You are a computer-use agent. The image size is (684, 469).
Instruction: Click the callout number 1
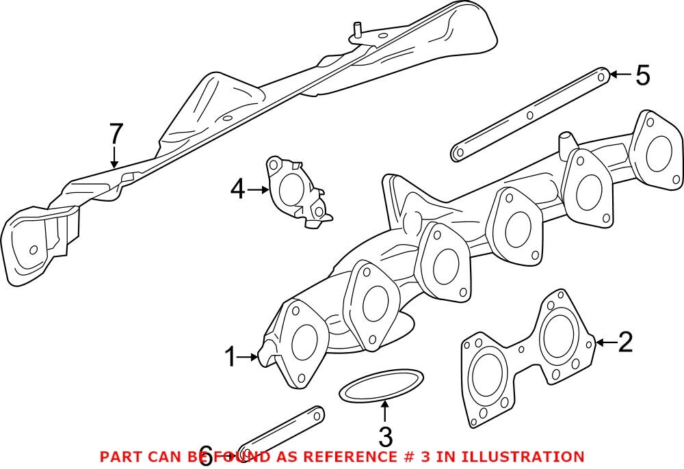coord(232,356)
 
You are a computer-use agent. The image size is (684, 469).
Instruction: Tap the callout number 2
coord(625,342)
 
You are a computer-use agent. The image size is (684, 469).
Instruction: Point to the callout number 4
coord(237,189)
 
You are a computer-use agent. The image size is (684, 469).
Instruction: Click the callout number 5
coord(642,75)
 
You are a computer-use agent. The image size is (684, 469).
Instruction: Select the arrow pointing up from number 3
coord(385,412)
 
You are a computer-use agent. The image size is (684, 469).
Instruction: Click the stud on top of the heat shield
coord(356,29)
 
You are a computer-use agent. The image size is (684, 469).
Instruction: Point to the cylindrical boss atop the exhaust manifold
coord(566,143)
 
